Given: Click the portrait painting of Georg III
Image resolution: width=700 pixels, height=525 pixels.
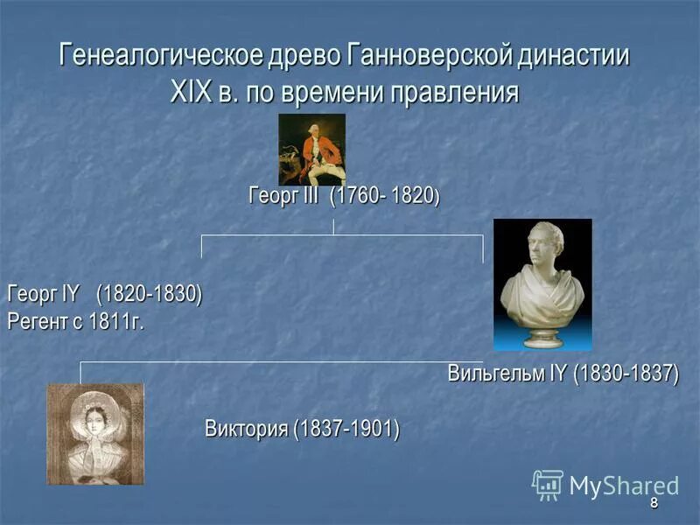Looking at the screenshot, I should pos(311,149).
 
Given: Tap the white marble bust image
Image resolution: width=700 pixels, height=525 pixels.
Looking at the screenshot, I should pos(542,284).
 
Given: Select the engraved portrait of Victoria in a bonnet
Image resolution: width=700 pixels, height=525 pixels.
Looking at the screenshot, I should pos(94,434).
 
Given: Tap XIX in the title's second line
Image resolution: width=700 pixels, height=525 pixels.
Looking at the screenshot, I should pos(191,91).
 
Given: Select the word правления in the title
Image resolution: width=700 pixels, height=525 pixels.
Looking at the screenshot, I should pos(453,91).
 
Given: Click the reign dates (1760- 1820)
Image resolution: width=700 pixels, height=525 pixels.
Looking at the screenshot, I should pos(385,197).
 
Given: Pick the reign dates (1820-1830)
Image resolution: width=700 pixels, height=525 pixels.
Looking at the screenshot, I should pos(149,293).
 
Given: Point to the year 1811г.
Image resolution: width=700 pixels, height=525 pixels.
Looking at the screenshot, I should pos(115,321).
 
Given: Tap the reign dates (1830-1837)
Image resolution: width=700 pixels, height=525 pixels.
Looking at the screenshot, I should pos(626,374).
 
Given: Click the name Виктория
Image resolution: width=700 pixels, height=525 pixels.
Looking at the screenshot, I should pos(247,430).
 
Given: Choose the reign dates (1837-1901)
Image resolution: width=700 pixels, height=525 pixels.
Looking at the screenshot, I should pos(346,430).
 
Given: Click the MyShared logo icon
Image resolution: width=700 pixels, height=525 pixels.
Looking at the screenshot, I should pos(548,485).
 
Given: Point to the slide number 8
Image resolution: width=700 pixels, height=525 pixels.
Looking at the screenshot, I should pos(653,505).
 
